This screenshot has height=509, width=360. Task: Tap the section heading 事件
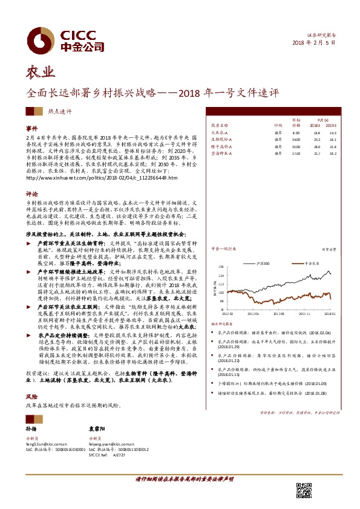pyautogui.click(x=31, y=129)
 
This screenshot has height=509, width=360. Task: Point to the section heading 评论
pyautogui.click(x=31, y=194)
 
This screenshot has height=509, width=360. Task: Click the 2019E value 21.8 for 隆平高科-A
pyautogui.click(x=333, y=146)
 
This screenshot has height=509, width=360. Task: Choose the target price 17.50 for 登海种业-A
pyautogui.click(x=295, y=154)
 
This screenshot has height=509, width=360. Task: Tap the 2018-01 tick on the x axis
pyautogui.click(x=330, y=313)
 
